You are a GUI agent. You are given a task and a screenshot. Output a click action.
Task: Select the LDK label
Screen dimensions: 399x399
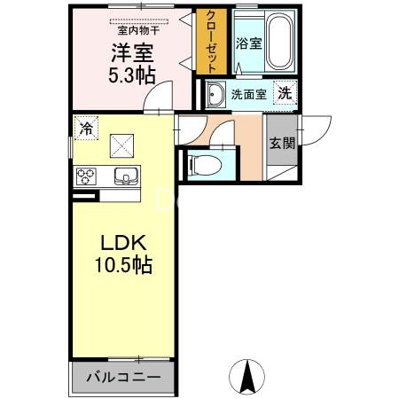click(121, 243)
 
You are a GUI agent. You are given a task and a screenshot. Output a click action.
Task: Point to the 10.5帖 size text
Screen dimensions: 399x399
click(121, 264)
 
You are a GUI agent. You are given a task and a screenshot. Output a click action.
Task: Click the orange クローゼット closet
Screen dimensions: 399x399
click(213, 42)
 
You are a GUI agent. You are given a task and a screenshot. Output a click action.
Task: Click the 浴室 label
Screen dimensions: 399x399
click(248, 43)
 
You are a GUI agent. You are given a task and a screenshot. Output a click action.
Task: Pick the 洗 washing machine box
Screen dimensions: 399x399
click(284, 92)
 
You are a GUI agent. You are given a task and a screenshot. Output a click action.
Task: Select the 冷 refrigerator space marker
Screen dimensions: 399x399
click(85, 128)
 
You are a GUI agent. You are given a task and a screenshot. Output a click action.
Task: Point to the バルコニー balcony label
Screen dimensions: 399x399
click(123, 377)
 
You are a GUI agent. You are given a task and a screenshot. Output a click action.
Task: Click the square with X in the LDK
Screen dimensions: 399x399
click(121, 145)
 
